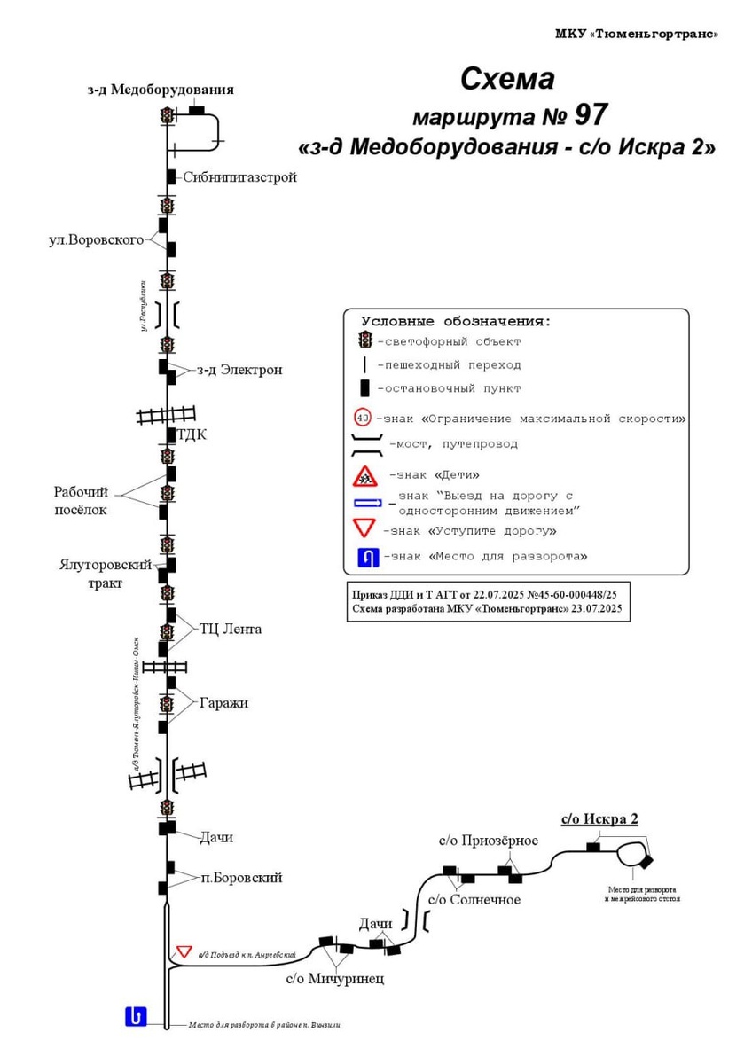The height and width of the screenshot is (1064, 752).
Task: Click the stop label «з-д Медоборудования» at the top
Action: tap(161, 89)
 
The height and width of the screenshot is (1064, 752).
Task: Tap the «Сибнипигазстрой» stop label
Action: tap(239, 177)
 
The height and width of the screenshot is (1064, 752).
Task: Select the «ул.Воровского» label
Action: tap(97, 240)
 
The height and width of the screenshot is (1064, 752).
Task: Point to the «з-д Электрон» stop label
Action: tap(239, 370)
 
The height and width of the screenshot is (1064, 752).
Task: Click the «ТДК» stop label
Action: tap(192, 434)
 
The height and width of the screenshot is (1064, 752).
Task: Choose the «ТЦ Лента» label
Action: tap(231, 630)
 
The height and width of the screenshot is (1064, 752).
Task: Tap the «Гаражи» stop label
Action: tap(224, 703)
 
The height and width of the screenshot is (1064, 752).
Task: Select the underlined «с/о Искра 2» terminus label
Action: tap(599, 819)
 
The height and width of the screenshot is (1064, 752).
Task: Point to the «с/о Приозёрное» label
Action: tap(488, 841)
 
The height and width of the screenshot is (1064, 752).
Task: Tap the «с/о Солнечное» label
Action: tap(474, 900)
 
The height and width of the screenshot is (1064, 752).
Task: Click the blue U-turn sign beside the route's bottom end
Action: tap(136, 1016)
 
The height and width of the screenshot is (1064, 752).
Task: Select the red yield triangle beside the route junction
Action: tap(184, 951)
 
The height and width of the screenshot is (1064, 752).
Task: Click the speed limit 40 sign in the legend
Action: tap(362, 418)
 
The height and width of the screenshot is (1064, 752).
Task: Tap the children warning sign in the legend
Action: tap(364, 477)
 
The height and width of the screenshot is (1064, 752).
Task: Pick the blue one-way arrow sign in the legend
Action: tap(368, 503)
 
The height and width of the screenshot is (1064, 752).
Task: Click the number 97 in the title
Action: tap(591, 115)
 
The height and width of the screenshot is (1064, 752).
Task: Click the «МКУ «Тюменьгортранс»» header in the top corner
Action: tap(637, 34)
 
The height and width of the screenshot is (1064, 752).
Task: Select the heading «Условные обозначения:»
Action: tap(456, 322)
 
